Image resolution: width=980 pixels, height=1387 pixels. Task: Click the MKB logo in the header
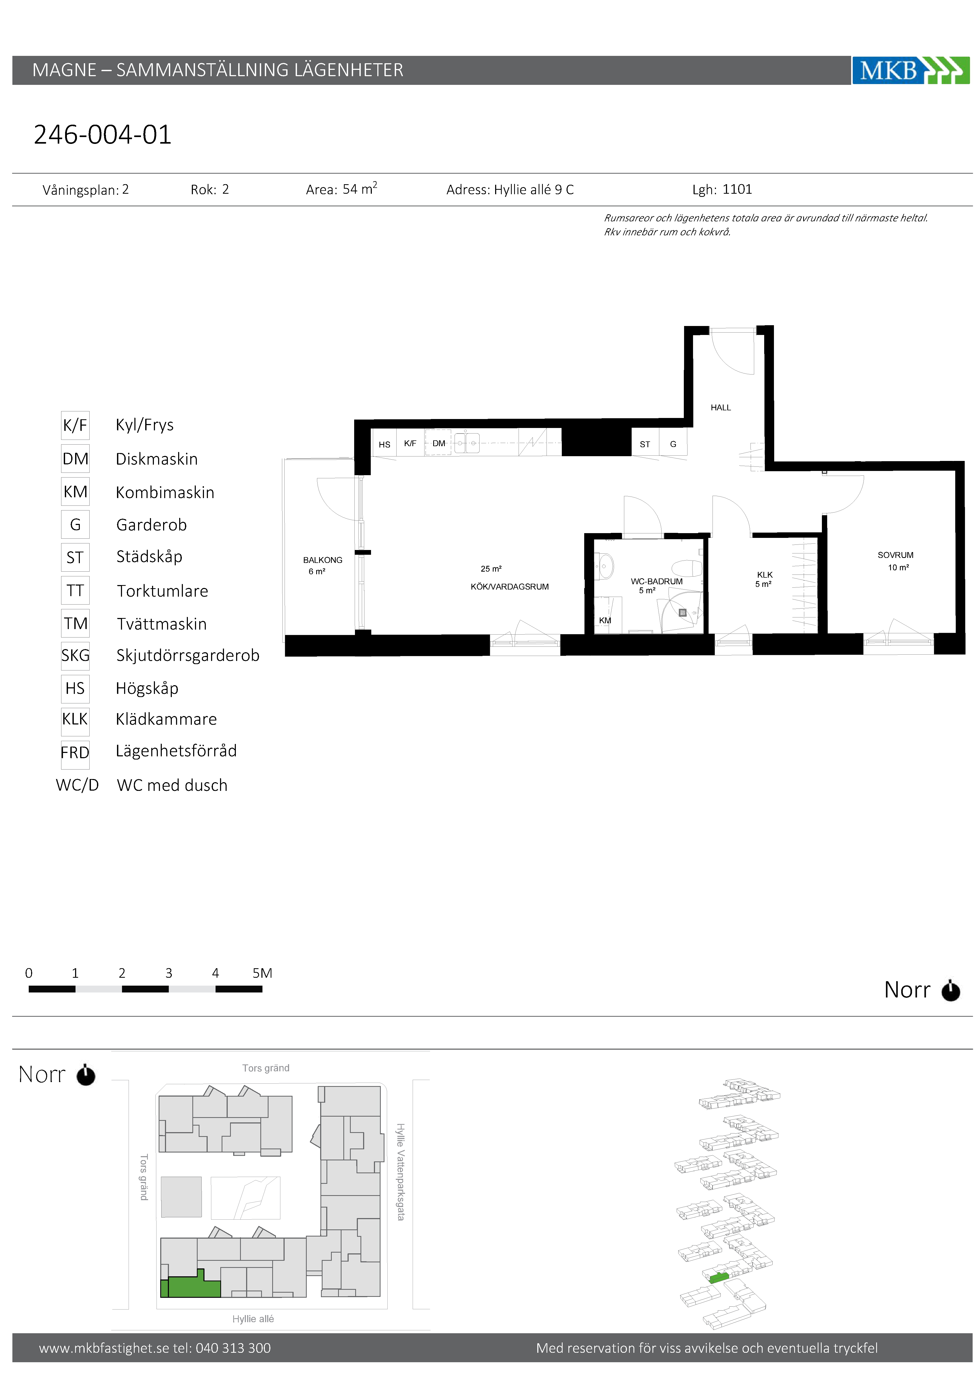tap(910, 70)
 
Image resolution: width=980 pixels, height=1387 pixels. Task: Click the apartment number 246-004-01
tap(103, 134)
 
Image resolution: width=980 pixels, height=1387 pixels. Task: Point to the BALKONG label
tap(323, 560)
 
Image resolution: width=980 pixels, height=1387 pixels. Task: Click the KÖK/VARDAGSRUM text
tap(509, 587)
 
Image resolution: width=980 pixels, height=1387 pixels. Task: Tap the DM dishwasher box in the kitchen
tap(438, 443)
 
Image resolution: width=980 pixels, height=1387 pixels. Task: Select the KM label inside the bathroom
tap(605, 620)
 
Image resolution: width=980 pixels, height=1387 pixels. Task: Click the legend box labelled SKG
tap(76, 655)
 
